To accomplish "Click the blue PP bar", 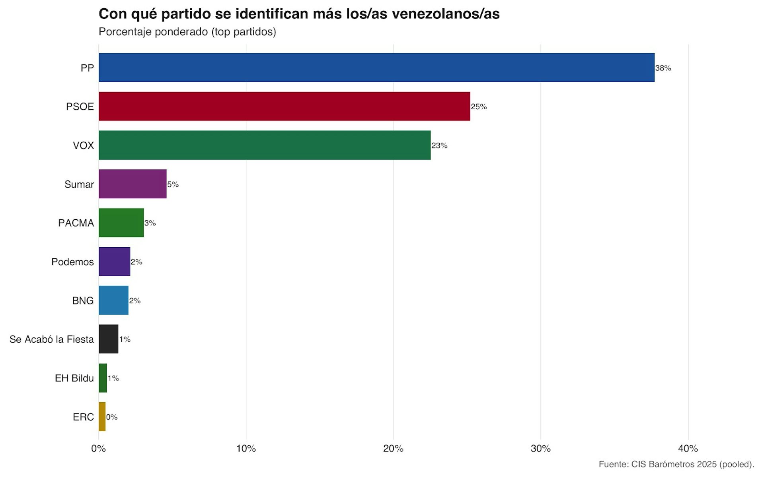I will [376, 68].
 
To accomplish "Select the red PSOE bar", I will [284, 106].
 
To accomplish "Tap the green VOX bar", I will [265, 145].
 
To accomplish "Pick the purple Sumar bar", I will [133, 184].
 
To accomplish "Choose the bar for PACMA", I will [121, 223].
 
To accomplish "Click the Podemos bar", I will [114, 262].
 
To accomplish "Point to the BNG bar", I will [113, 300].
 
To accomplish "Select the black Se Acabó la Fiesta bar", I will [108, 339].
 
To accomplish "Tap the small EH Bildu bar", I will [103, 378].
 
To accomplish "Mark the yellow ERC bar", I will [102, 417].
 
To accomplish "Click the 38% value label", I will [663, 68].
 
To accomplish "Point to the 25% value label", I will [479, 107].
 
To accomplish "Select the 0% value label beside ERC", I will [112, 417].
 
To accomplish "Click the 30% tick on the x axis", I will [541, 449].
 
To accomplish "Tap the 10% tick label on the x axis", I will [246, 449].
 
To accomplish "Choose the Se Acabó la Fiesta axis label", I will [52, 339].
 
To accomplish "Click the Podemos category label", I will [72, 262].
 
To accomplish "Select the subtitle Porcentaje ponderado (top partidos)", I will [187, 32].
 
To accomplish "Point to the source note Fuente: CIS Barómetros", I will [676, 464].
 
